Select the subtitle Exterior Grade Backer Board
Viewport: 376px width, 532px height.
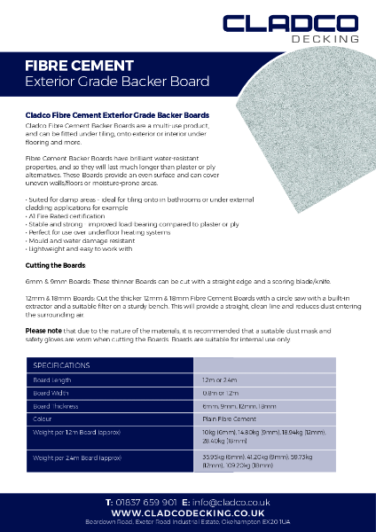117,82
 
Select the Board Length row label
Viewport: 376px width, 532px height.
52,379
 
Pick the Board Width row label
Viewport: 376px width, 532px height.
51,392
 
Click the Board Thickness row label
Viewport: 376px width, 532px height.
57,405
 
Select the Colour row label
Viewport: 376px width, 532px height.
43,418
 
